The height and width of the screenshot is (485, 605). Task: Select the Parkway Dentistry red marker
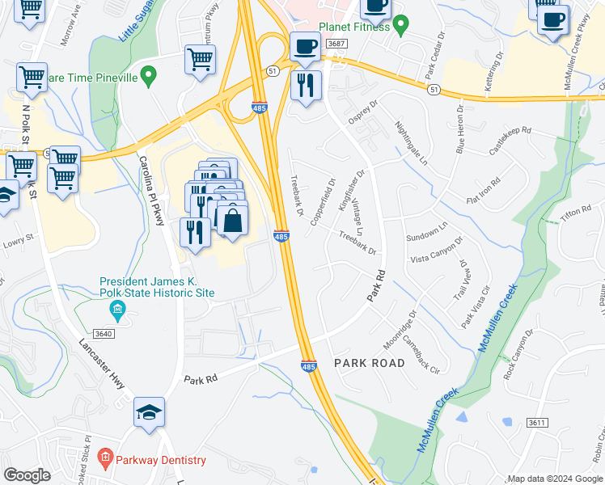pyautogui.click(x=104, y=460)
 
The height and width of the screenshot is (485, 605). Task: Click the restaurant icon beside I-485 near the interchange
pyautogui.click(x=305, y=85)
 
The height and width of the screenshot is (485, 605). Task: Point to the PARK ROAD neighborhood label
pyautogui.click(x=369, y=363)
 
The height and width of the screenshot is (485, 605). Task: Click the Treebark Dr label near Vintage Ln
pyautogui.click(x=359, y=244)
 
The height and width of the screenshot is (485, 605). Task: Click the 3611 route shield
pyautogui.click(x=536, y=423)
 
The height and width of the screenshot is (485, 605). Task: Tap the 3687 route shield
pyautogui.click(x=337, y=44)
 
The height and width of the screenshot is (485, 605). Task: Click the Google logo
pyautogui.click(x=27, y=475)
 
